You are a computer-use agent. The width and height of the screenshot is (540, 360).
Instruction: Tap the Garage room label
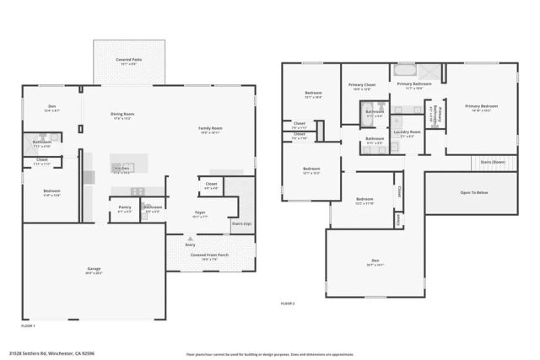94,271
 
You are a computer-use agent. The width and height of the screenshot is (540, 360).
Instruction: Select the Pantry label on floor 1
125,208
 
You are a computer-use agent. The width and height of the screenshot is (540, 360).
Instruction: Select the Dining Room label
122,116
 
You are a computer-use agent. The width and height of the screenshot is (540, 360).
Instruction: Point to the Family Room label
210,130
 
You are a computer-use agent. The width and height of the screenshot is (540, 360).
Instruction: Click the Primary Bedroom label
481,107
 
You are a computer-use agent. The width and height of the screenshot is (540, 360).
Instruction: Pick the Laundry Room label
407,133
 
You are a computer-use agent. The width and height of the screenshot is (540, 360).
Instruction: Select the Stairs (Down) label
492,161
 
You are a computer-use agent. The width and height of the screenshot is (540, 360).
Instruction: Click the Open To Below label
473,192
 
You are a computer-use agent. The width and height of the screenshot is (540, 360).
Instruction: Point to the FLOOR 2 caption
288,303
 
